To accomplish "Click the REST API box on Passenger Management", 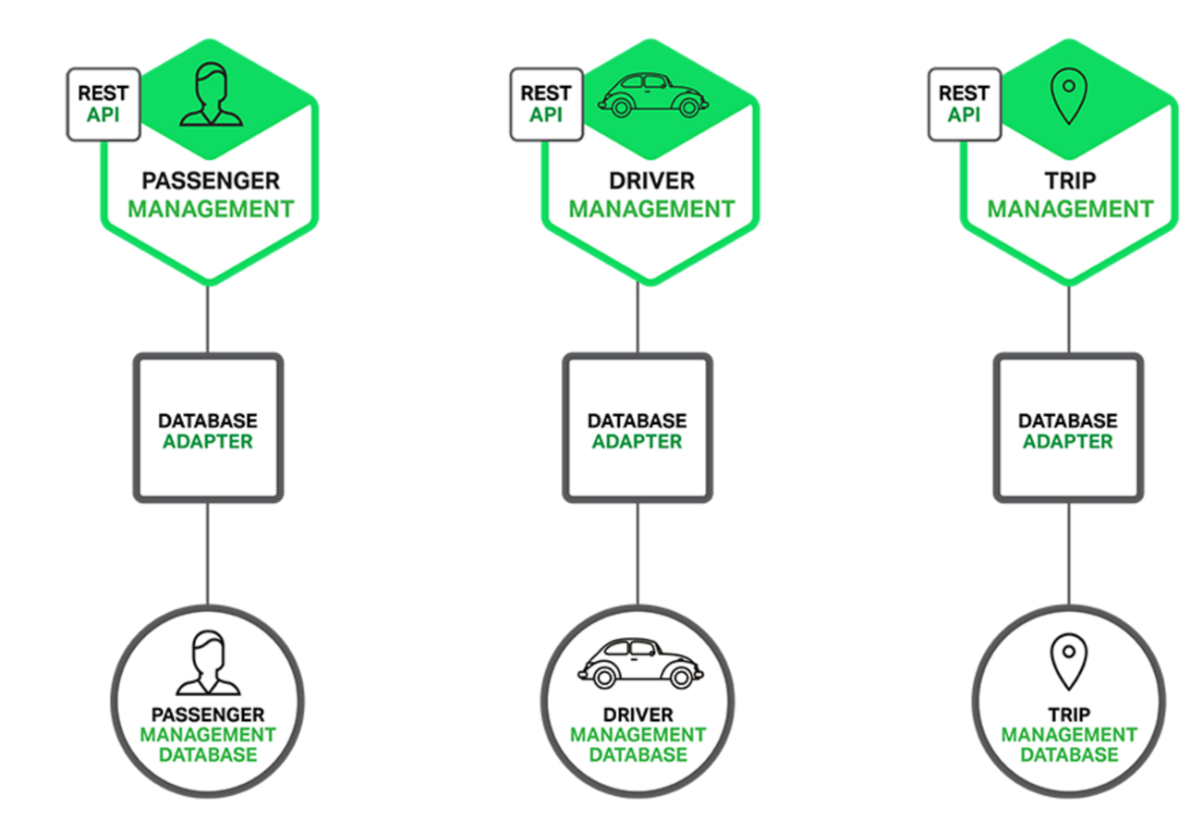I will click(103, 104).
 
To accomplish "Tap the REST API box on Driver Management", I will click(546, 103).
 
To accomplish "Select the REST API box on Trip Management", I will click(964, 103).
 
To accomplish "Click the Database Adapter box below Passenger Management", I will click(208, 427).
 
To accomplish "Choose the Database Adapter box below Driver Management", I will click(638, 427).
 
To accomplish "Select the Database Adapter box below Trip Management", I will click(1068, 427).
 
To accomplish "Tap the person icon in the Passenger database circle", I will click(209, 662).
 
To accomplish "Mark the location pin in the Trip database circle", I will click(1068, 660).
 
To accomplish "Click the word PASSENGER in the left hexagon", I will click(210, 179).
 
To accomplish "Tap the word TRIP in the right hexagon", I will click(1070, 179).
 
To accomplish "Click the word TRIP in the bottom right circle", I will click(1069, 715).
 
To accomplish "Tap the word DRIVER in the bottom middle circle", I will click(638, 715).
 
